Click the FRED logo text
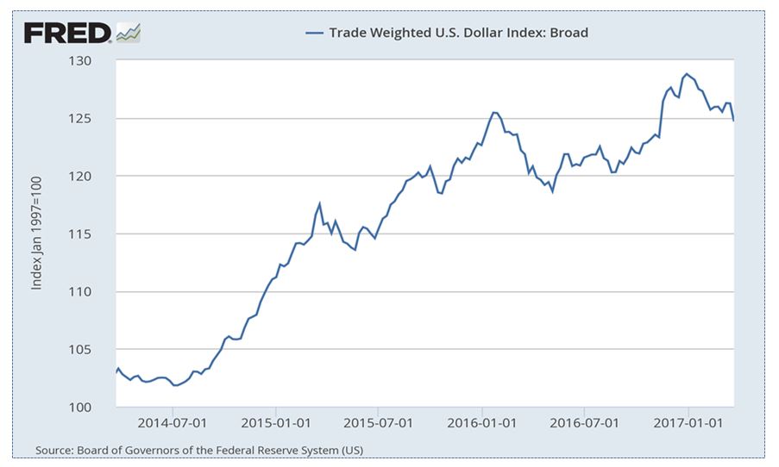(x=68, y=33)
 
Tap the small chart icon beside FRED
(x=129, y=33)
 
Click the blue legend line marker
(x=314, y=34)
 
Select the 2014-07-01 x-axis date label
(x=173, y=424)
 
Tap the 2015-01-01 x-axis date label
(x=277, y=424)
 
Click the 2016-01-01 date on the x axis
(x=483, y=424)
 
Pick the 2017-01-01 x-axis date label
(x=689, y=424)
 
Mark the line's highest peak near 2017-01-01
(x=687, y=74)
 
